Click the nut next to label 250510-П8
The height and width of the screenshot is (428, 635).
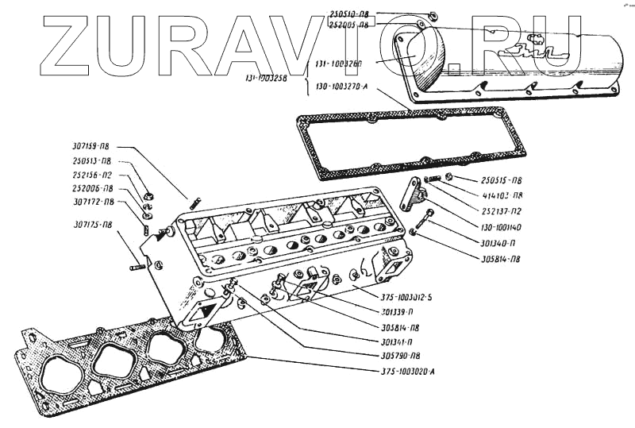(431, 15)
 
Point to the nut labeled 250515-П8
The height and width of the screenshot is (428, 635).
(449, 175)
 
